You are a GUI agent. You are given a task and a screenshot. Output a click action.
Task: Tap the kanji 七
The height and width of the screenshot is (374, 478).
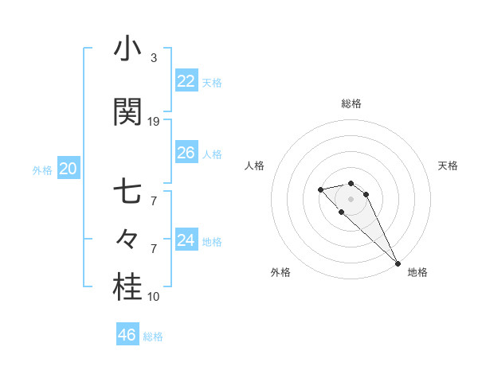128,192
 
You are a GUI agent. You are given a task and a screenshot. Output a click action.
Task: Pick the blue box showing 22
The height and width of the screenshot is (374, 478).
186,81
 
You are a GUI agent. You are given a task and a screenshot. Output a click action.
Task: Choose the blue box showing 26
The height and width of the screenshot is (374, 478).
186,153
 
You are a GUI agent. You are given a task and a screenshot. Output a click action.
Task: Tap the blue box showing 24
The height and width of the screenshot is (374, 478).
186,240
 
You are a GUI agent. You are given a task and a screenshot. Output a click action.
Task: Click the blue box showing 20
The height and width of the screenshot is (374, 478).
68,169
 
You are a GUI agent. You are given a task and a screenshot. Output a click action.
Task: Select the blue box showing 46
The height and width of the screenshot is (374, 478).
127,335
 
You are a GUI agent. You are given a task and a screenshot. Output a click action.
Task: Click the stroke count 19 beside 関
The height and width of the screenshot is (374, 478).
154,122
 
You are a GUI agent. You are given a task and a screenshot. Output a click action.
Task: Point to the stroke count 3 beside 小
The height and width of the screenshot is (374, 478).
154,58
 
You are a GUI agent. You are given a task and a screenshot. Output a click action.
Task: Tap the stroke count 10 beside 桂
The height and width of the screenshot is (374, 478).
154,297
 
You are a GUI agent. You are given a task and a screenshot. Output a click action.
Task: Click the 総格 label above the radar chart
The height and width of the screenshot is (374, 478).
351,103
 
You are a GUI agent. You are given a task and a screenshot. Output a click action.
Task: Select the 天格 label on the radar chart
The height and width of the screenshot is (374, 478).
448,166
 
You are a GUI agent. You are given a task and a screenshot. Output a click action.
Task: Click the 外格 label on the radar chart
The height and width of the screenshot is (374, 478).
280,272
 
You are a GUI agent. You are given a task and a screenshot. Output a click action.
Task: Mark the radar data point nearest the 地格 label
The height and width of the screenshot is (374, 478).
398,263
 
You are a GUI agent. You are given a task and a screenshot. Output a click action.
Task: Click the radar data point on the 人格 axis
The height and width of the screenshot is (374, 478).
320,189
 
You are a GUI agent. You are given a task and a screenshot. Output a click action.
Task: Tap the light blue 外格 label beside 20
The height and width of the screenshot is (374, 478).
41,169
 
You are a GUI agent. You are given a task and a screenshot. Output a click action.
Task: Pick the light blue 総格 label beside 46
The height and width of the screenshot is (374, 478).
153,337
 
